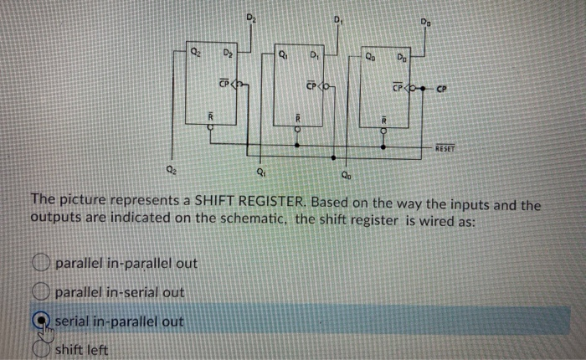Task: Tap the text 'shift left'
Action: pos(82,350)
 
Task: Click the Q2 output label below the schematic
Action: pos(172,172)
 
